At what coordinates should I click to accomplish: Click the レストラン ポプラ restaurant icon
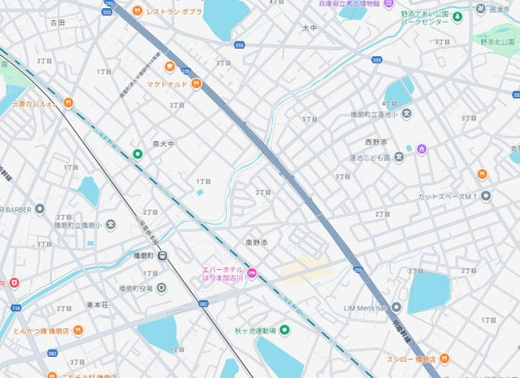click(137, 11)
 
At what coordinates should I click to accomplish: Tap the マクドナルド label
click(168, 83)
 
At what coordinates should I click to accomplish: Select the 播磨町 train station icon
click(163, 255)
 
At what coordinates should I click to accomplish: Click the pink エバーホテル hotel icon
click(252, 273)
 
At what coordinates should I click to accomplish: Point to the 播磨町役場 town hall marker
click(161, 288)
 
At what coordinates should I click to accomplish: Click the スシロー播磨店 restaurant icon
click(444, 358)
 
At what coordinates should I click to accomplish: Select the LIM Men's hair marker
click(396, 307)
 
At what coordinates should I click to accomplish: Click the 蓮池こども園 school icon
click(399, 157)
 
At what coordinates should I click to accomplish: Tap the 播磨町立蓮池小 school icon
click(406, 114)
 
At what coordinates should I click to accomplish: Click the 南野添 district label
click(256, 243)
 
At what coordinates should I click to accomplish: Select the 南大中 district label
click(163, 144)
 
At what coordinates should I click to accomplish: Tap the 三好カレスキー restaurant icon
click(68, 103)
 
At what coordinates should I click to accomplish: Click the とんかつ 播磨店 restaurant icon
click(77, 331)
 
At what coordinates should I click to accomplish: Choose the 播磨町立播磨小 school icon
click(110, 224)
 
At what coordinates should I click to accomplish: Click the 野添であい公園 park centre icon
click(457, 16)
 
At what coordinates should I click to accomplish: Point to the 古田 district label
click(57, 23)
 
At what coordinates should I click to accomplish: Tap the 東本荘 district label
click(97, 305)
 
